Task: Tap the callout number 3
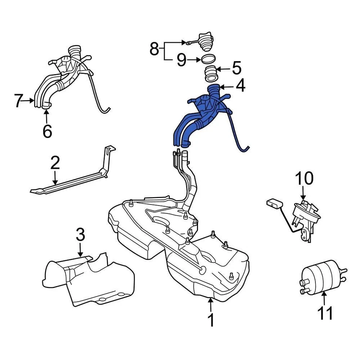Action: click(x=80, y=235)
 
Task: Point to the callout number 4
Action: click(x=240, y=86)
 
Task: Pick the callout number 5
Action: click(x=237, y=68)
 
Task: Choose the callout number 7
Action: click(x=19, y=100)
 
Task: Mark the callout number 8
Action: click(x=154, y=49)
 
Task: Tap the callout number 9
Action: click(x=181, y=60)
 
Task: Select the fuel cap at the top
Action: click(x=206, y=42)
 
